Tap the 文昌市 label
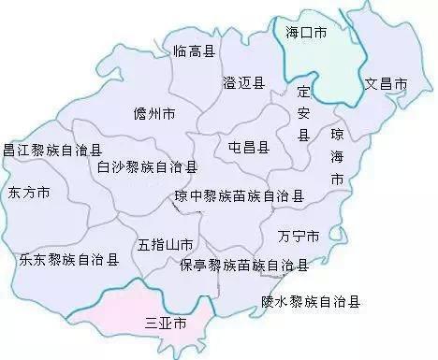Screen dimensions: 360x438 [386, 84]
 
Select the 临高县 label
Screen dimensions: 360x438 [195, 50]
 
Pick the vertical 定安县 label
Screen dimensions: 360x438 [302, 115]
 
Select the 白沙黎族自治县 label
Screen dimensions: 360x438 [147, 167]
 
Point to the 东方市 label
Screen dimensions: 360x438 [29, 194]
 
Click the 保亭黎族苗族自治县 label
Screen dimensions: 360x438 [243, 266]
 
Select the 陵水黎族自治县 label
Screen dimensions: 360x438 [311, 301]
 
